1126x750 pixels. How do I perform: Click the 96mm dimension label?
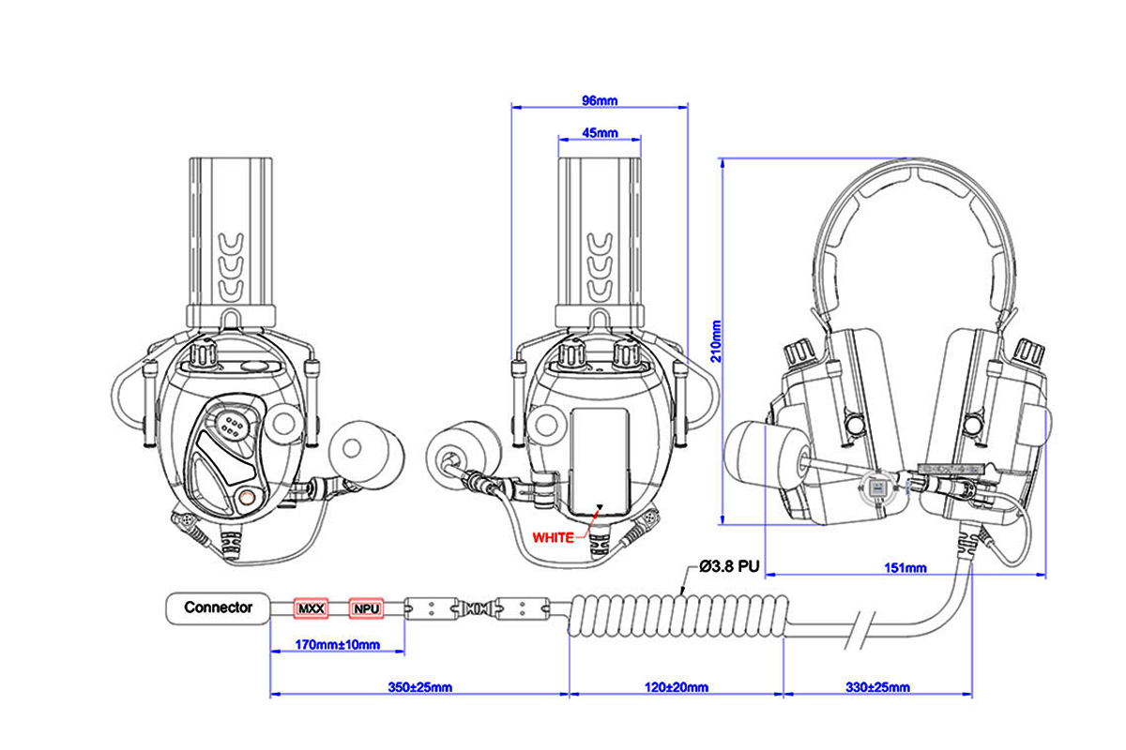click(600, 100)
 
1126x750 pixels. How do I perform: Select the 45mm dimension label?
click(600, 133)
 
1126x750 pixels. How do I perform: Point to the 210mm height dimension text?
click(716, 341)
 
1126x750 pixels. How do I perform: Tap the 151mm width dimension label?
click(905, 567)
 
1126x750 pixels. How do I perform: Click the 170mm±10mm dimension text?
click(337, 644)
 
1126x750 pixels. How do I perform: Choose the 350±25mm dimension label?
click(419, 686)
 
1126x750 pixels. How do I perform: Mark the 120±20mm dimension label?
click(677, 686)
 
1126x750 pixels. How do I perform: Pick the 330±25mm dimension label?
click(877, 686)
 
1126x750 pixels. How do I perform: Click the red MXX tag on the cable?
click(312, 608)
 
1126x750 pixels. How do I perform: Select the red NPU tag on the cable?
click(367, 608)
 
